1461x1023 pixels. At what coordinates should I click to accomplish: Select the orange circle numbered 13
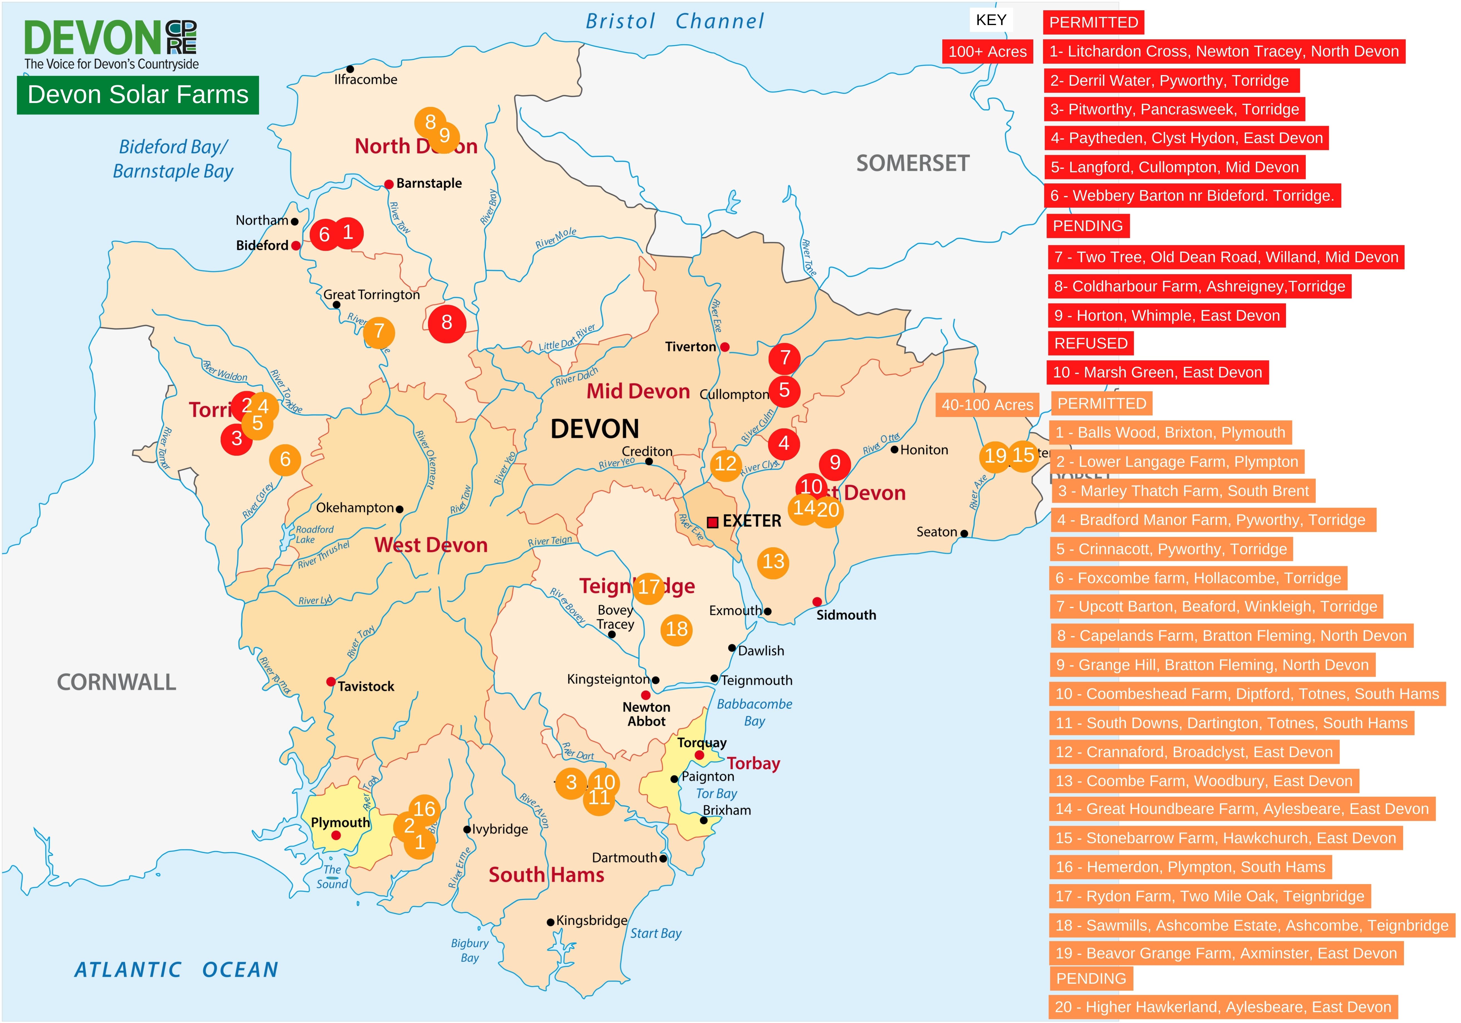(773, 562)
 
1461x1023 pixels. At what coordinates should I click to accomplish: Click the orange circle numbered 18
(677, 630)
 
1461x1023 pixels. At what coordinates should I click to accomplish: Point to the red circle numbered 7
(784, 359)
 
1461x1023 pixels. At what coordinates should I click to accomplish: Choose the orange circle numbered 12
(725, 464)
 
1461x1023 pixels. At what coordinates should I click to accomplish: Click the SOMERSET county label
(912, 164)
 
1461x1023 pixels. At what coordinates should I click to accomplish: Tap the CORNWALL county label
(116, 683)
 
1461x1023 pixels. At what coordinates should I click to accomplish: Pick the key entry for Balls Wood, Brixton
(1170, 433)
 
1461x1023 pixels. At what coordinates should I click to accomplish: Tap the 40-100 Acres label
(987, 405)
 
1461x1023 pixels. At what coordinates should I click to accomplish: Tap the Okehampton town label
(355, 508)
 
